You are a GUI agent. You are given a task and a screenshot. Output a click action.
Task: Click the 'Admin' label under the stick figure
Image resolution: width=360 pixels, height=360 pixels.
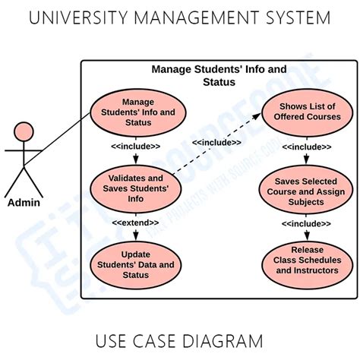[x=24, y=203]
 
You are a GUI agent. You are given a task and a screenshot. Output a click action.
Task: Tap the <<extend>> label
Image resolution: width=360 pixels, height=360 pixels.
[x=135, y=223]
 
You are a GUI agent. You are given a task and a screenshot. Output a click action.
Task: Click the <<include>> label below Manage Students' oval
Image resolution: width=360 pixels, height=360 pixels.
[x=135, y=146]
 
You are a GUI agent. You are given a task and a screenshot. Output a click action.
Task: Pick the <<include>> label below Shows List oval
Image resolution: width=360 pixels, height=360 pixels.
[x=306, y=147]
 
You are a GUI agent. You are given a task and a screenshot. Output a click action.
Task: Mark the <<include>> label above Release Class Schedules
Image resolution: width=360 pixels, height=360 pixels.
[x=306, y=224]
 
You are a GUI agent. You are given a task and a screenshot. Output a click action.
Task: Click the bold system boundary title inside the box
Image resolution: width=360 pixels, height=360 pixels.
[x=219, y=75]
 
